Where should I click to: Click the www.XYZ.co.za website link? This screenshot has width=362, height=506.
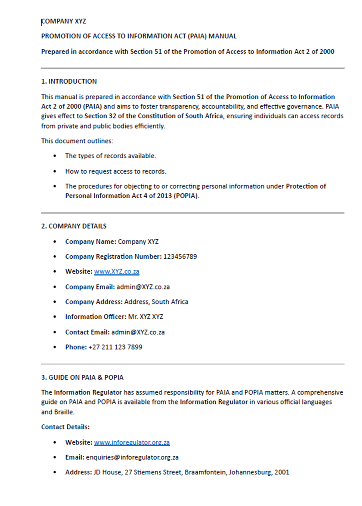pyautogui.click(x=116, y=272)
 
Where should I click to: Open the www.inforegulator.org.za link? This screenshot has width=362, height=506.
pyautogui.click(x=132, y=442)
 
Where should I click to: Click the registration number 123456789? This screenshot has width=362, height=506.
pyautogui.click(x=180, y=256)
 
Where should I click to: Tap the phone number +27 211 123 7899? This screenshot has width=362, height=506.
pyautogui.click(x=115, y=347)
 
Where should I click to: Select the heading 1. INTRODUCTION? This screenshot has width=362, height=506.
pyautogui.click(x=69, y=81)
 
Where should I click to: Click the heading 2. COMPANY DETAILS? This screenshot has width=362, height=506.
pyautogui.click(x=74, y=226)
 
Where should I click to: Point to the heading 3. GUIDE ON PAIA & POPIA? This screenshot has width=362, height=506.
pyautogui.click(x=82, y=377)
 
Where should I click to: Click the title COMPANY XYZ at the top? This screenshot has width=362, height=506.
pyautogui.click(x=64, y=21)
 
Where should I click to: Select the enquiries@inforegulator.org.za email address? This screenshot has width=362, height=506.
pyautogui.click(x=132, y=457)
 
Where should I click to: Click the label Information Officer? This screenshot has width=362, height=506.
pyautogui.click(x=95, y=317)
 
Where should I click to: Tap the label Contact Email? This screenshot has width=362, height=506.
pyautogui.click(x=87, y=332)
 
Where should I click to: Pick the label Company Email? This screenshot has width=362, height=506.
pyautogui.click(x=90, y=287)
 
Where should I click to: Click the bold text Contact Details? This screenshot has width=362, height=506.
pyautogui.click(x=65, y=427)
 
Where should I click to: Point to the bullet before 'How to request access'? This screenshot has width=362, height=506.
pyautogui.click(x=55, y=171)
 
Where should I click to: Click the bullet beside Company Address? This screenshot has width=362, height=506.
pyautogui.click(x=55, y=302)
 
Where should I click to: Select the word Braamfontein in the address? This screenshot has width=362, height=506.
pyautogui.click(x=205, y=472)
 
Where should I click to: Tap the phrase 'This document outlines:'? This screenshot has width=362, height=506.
pyautogui.click(x=77, y=141)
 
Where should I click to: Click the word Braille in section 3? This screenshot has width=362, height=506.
pyautogui.click(x=64, y=412)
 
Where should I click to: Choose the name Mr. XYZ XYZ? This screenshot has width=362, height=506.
pyautogui.click(x=146, y=317)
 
